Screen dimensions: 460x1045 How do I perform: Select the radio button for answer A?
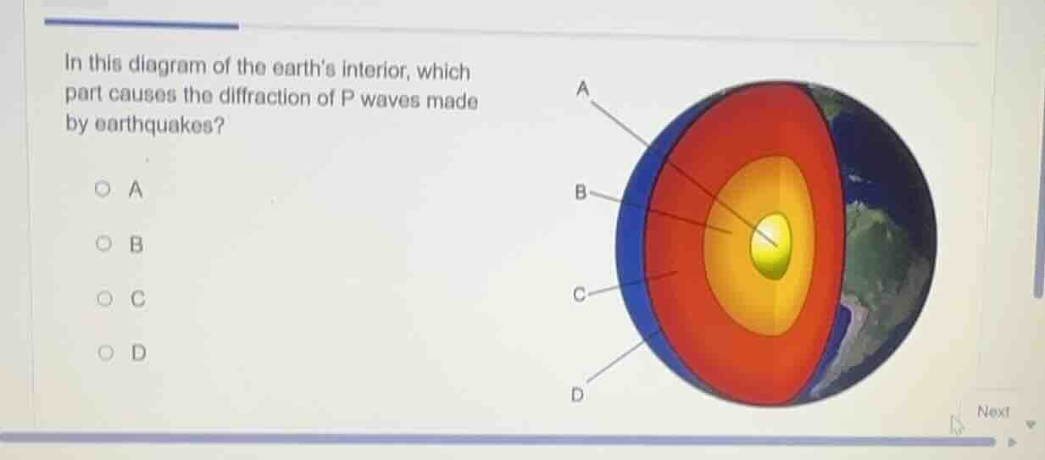[103, 190]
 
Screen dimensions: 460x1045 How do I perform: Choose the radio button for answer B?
[103, 246]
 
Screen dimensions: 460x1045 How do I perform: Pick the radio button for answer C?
[103, 298]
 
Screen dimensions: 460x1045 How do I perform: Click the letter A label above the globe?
[581, 88]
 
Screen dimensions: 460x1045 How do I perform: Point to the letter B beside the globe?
[581, 192]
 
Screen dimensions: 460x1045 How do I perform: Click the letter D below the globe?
[577, 395]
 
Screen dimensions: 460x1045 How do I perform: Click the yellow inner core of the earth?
[770, 244]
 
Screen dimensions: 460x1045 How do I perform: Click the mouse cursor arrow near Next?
[957, 424]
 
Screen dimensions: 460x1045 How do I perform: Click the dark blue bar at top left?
[141, 24]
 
